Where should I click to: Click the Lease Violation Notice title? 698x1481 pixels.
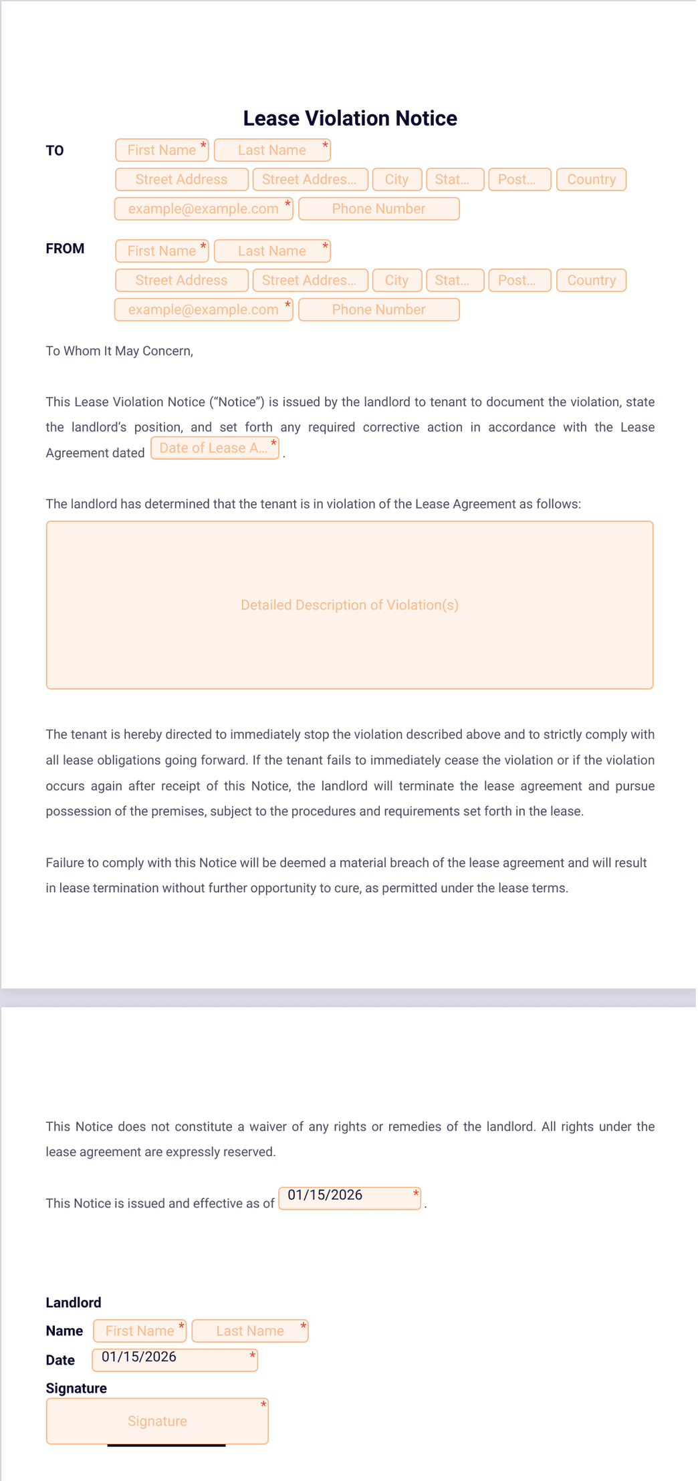tap(350, 118)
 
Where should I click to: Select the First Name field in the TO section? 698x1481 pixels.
tap(162, 150)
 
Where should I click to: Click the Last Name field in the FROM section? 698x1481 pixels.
tap(272, 251)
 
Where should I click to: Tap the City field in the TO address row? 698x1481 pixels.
tap(397, 180)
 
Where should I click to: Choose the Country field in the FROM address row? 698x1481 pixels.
tap(591, 281)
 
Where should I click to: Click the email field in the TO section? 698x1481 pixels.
tap(203, 209)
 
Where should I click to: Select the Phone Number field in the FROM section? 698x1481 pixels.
tap(378, 310)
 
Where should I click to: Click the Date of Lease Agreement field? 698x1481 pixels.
tap(215, 448)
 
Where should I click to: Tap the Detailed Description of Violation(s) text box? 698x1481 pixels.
tap(350, 605)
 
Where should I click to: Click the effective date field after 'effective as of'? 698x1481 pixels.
tap(350, 1198)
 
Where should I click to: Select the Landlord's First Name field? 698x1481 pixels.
tap(140, 1331)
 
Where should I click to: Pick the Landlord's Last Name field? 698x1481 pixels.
tap(250, 1331)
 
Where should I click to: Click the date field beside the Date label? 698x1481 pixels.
tap(174, 1360)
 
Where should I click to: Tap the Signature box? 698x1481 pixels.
tap(157, 1422)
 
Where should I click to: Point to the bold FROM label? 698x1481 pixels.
tap(65, 249)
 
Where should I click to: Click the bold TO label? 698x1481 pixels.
tap(55, 151)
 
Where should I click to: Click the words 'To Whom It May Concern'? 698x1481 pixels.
tap(119, 352)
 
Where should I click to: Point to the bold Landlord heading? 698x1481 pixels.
tap(74, 1303)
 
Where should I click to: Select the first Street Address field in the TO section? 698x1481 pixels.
tap(182, 180)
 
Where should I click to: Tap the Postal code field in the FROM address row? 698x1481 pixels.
tap(519, 281)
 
